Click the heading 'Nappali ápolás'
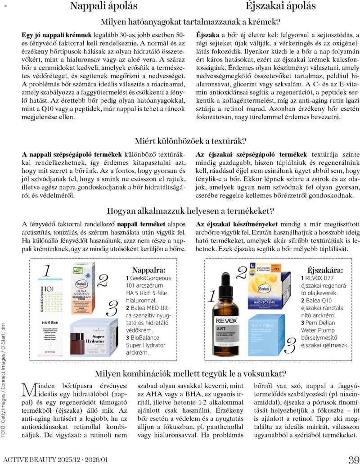103,6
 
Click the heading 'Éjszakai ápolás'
280,6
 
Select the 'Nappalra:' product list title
148,270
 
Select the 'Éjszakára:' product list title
324,270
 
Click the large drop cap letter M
29,390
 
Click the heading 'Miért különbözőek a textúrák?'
191,141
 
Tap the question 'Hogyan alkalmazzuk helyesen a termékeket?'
190,211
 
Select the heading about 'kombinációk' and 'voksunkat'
190,373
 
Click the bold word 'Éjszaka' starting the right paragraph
207,35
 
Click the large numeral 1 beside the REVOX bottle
211,297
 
